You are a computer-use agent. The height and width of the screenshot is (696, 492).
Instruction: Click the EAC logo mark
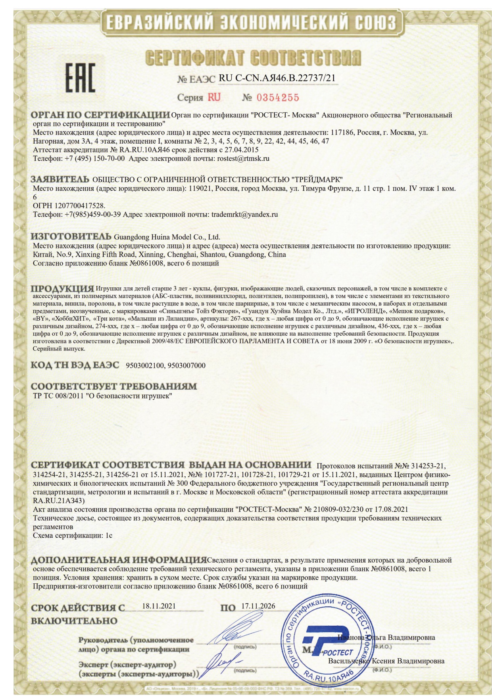point(80,77)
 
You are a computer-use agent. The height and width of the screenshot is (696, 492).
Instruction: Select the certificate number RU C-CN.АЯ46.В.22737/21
point(277,78)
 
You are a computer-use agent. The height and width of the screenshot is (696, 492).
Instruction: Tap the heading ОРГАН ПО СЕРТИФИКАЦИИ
point(100,115)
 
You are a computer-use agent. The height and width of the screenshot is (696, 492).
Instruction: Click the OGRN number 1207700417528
point(80,206)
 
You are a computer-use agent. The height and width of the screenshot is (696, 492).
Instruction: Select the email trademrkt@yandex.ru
point(244,214)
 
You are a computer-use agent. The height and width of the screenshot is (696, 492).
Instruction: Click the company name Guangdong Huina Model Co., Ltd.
point(167,238)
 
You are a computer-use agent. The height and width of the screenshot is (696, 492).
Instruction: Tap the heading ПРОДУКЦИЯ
point(62,288)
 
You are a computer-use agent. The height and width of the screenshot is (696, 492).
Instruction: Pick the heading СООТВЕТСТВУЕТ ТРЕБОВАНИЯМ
point(114,386)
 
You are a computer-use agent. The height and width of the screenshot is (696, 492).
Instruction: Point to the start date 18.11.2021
point(159,606)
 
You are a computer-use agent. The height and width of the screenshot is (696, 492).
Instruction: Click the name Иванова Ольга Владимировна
point(386,637)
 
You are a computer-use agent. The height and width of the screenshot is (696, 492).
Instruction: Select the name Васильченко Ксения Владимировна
point(386,661)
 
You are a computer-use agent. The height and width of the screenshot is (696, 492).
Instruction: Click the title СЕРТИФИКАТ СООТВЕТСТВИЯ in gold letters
point(254,58)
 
